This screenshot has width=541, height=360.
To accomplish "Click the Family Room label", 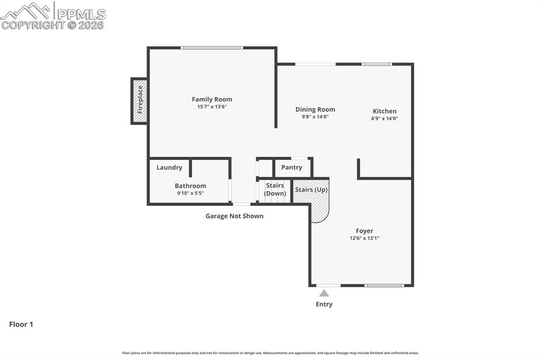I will pos(212,99).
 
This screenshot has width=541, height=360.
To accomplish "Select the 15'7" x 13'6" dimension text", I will pos(212,107).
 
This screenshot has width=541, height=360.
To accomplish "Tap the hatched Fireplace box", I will pos(139,100).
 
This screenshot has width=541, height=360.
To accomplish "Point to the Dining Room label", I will pos(315,110).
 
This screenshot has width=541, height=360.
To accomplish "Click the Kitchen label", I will pos(384,111).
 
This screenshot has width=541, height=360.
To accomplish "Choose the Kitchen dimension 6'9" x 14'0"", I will pos(384,119).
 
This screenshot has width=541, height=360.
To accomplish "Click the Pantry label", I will pos(292,167).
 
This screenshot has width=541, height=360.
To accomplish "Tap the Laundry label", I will pos(169,167).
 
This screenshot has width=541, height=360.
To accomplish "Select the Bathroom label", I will pos(190,186).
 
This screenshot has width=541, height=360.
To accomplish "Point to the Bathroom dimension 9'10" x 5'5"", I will pos(190,193).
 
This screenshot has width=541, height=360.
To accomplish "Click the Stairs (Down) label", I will pos(275,190).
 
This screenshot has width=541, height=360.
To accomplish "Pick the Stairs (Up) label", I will pos(311,190).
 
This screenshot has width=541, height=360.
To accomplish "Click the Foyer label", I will pos(364,231).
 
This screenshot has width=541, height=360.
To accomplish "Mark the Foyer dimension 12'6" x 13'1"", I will pos(364,238).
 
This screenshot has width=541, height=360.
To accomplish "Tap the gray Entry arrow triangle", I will pos(324,293).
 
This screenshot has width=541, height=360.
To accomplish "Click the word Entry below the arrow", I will pos(324,304).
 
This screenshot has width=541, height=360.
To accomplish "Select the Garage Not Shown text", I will pos(234,216).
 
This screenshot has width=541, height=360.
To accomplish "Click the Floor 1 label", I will pos(21,325).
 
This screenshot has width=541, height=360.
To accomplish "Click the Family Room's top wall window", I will pos(211,48).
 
